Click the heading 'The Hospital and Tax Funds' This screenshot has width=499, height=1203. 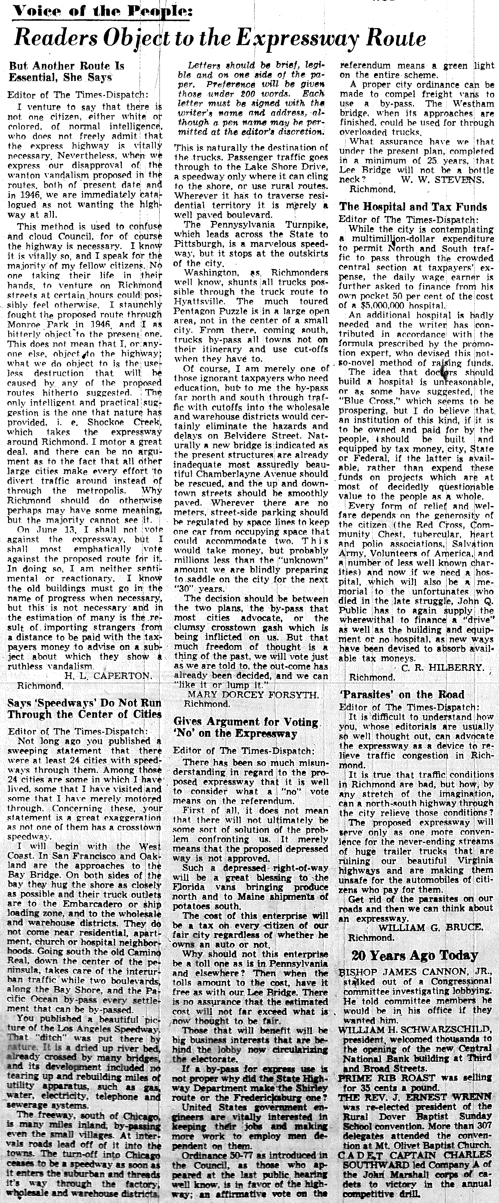(x=413, y=207)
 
